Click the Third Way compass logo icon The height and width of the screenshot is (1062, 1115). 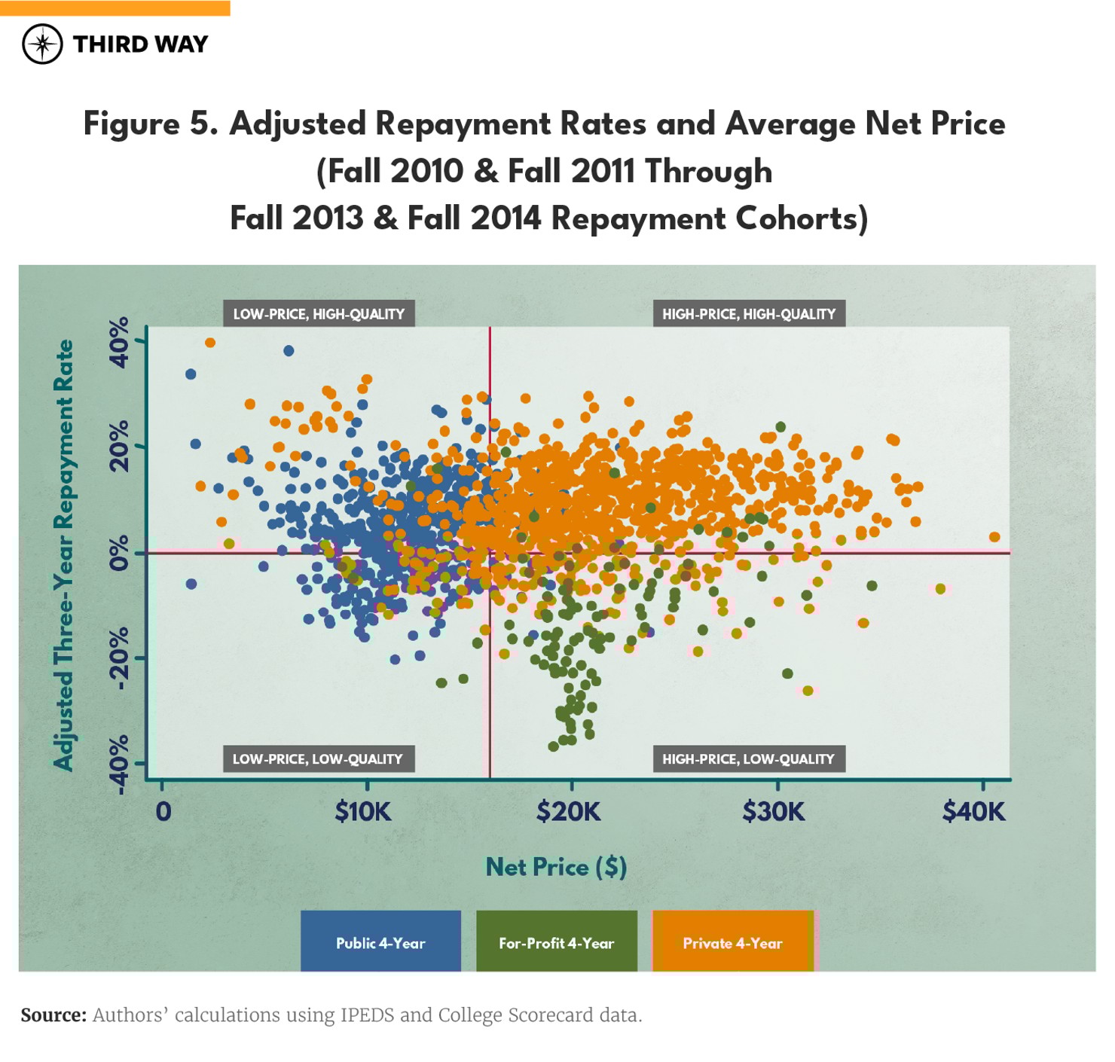pos(42,44)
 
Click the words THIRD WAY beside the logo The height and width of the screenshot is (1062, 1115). pos(140,44)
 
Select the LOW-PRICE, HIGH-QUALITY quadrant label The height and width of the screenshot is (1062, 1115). pos(319,314)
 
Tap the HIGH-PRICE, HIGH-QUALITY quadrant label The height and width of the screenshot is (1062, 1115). pos(749,314)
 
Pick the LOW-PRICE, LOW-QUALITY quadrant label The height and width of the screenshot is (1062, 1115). pos(317,759)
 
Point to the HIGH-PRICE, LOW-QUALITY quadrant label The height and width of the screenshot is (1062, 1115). pos(748,759)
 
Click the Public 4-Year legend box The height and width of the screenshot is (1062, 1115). pos(380,942)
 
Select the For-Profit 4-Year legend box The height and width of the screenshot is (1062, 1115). pos(556,942)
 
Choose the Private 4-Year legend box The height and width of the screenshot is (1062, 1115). pos(732,942)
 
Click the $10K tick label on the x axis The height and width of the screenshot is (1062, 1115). pos(363,812)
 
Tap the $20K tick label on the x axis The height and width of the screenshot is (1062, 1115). pos(569,812)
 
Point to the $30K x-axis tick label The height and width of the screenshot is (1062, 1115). pos(774,812)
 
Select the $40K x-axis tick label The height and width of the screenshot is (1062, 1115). pos(973,812)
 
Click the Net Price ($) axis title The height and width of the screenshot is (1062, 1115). pos(556,867)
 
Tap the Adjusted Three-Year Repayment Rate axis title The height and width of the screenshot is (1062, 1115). pos(65,555)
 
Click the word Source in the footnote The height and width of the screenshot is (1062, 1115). pos(53,1015)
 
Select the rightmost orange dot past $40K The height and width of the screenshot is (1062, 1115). pos(994,537)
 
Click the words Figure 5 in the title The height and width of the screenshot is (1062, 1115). pos(150,124)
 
